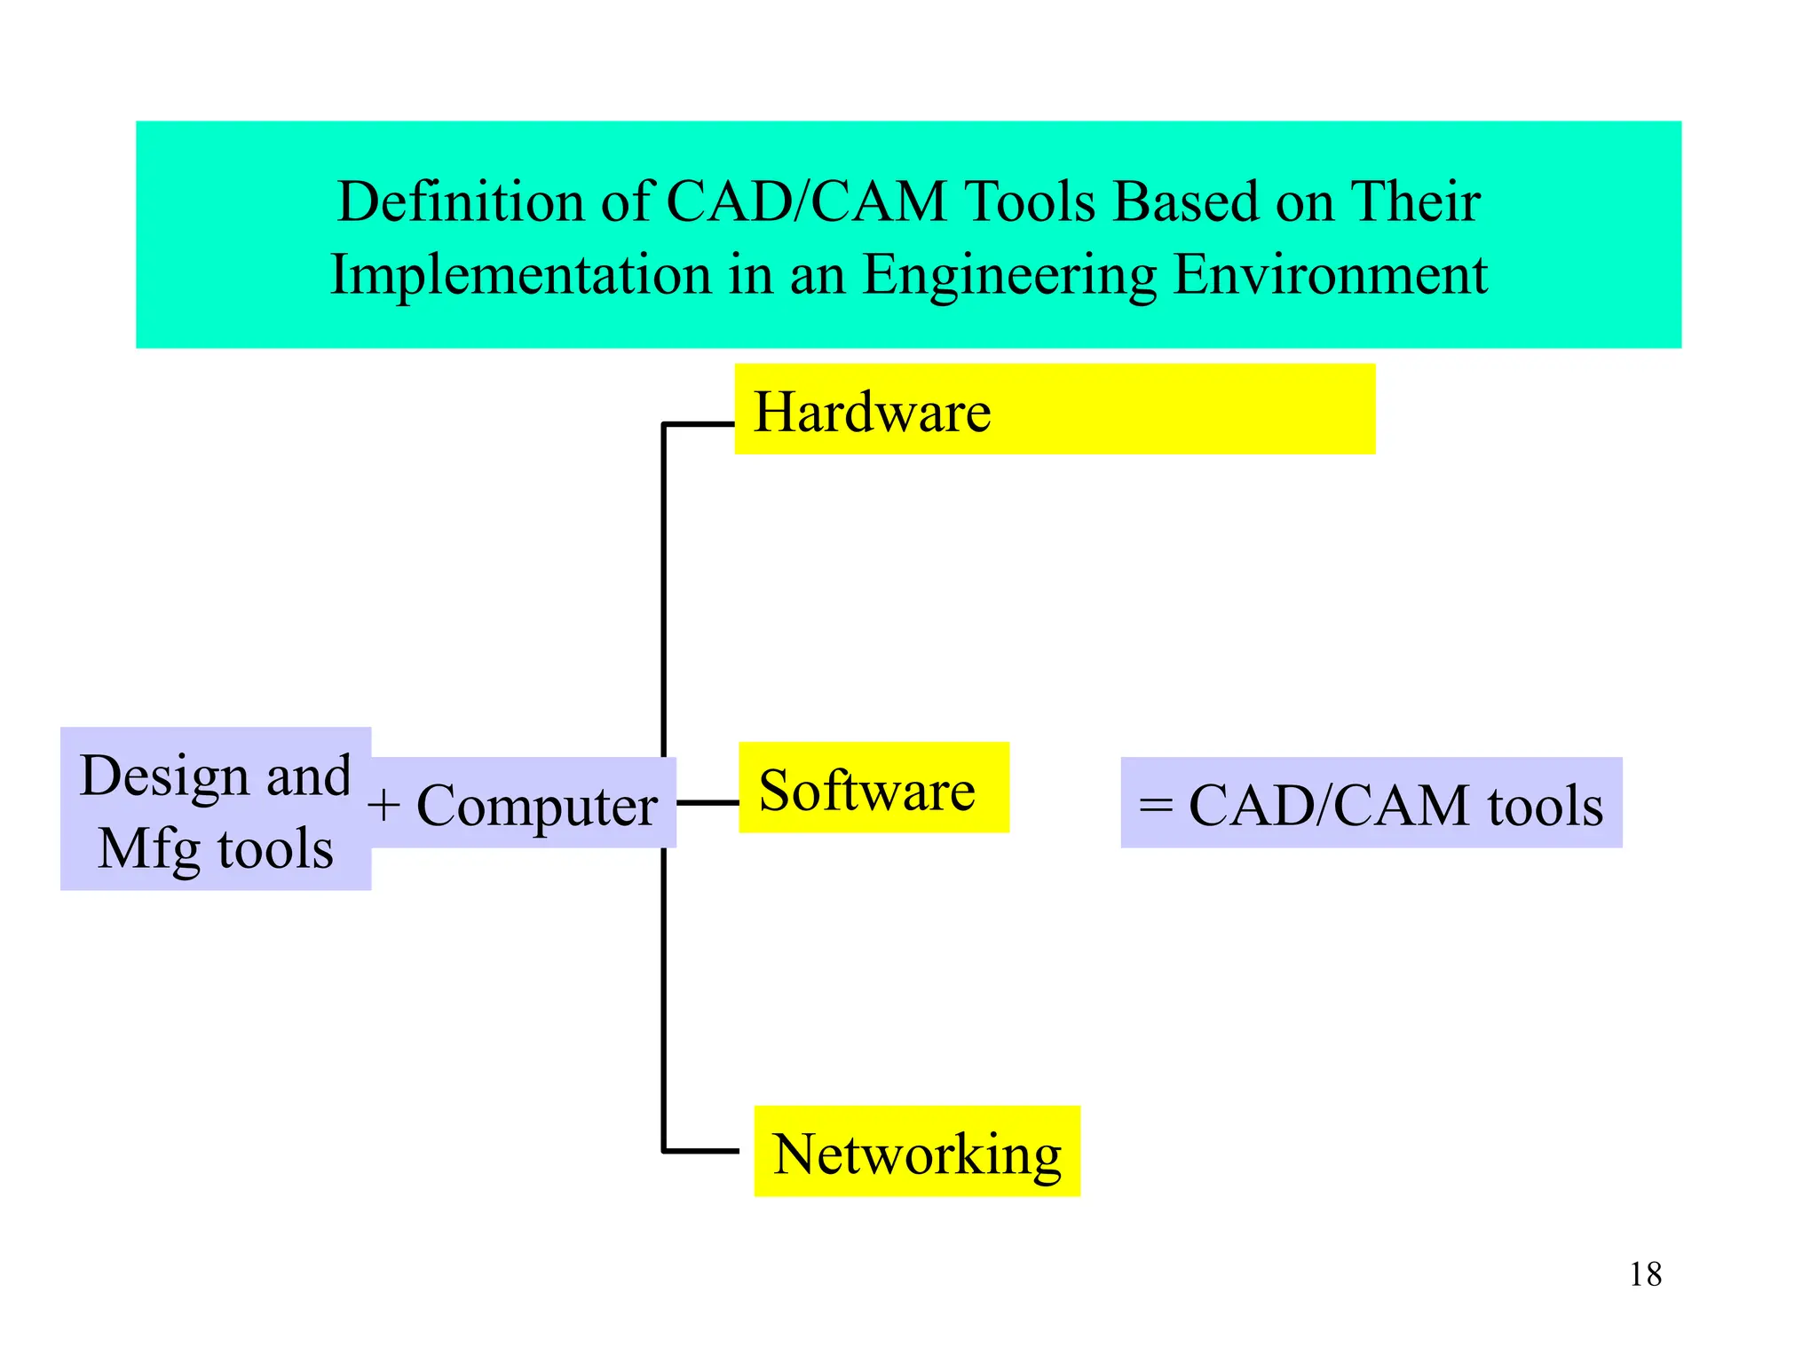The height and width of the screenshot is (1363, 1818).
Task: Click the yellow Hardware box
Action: tap(1054, 409)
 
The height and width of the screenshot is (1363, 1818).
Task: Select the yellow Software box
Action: tap(873, 787)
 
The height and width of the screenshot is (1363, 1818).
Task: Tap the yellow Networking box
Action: tap(916, 1151)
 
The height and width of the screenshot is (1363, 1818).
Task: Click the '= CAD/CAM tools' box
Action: tap(1371, 803)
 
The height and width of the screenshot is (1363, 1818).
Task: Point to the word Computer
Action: tap(537, 806)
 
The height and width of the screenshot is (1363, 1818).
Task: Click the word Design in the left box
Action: tap(164, 776)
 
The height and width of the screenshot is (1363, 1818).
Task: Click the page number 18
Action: tap(1645, 1274)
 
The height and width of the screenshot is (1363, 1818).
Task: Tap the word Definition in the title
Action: tap(460, 201)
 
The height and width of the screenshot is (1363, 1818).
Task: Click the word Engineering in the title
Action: tap(1009, 275)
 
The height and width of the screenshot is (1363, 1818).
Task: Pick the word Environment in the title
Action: tap(1330, 275)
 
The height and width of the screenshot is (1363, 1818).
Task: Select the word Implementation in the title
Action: tap(521, 275)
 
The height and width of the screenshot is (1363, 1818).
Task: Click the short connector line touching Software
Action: tap(707, 802)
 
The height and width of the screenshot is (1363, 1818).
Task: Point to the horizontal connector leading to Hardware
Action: tap(699, 425)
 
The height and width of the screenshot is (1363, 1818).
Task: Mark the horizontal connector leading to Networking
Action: tap(700, 1151)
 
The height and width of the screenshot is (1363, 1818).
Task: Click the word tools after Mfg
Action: tap(275, 849)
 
